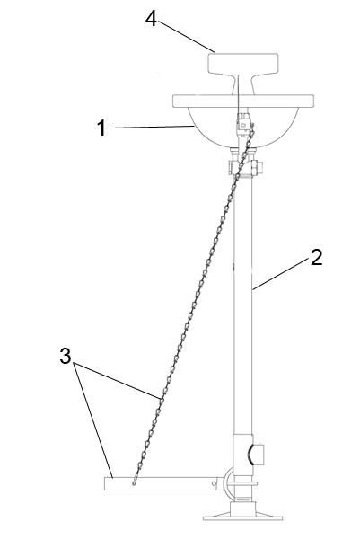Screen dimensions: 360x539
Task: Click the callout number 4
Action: [151, 19]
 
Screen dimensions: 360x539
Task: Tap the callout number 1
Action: [101, 128]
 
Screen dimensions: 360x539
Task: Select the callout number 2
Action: [316, 258]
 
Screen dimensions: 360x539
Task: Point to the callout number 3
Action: [66, 356]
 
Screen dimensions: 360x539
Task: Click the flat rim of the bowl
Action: [243, 101]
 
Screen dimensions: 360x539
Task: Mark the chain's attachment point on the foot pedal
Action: [134, 483]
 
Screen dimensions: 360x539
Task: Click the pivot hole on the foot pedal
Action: [214, 483]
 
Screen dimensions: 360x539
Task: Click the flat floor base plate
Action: [243, 517]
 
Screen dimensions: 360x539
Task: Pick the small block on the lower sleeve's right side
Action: [258, 454]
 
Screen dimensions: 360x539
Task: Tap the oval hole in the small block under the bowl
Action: [244, 125]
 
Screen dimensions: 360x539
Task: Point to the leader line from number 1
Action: [153, 128]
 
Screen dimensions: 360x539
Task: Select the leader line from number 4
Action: [187, 37]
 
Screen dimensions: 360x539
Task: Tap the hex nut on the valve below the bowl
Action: [257, 167]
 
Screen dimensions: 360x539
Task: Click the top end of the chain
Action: [253, 124]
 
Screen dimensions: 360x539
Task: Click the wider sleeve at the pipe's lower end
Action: [243, 455]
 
